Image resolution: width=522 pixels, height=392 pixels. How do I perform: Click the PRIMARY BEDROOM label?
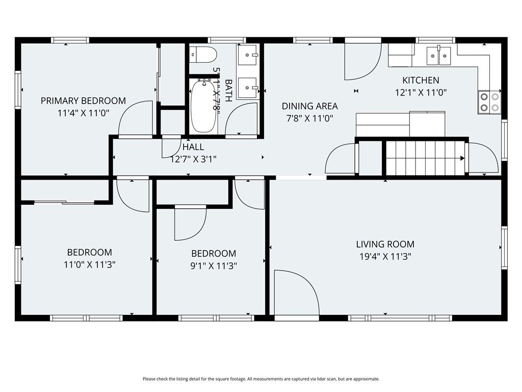[83, 101]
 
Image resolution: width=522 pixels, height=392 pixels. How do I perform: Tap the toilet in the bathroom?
[203, 55]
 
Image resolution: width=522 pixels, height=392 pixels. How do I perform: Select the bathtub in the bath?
[203, 106]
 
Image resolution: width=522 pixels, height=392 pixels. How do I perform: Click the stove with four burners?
[489, 102]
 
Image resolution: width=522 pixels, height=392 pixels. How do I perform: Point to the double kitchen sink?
[439, 56]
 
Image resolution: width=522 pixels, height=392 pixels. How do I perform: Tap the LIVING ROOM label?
[385, 244]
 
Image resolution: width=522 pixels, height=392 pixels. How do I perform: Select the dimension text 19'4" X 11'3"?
[385, 257]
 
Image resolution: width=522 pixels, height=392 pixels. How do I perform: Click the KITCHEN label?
[421, 80]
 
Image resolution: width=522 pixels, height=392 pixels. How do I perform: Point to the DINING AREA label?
[309, 106]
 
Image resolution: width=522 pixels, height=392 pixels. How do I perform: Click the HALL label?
[193, 146]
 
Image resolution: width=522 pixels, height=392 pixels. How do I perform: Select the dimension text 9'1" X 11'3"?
[214, 266]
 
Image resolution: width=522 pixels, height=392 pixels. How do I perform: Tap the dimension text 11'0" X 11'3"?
[90, 265]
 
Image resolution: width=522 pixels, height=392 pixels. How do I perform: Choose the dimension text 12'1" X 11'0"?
[421, 92]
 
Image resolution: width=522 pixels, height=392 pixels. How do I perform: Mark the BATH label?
[228, 90]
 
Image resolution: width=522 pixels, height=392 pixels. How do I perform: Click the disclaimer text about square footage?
[261, 379]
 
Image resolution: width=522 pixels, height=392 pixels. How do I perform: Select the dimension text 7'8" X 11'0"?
[309, 118]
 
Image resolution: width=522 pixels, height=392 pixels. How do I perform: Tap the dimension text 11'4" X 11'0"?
[83, 113]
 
